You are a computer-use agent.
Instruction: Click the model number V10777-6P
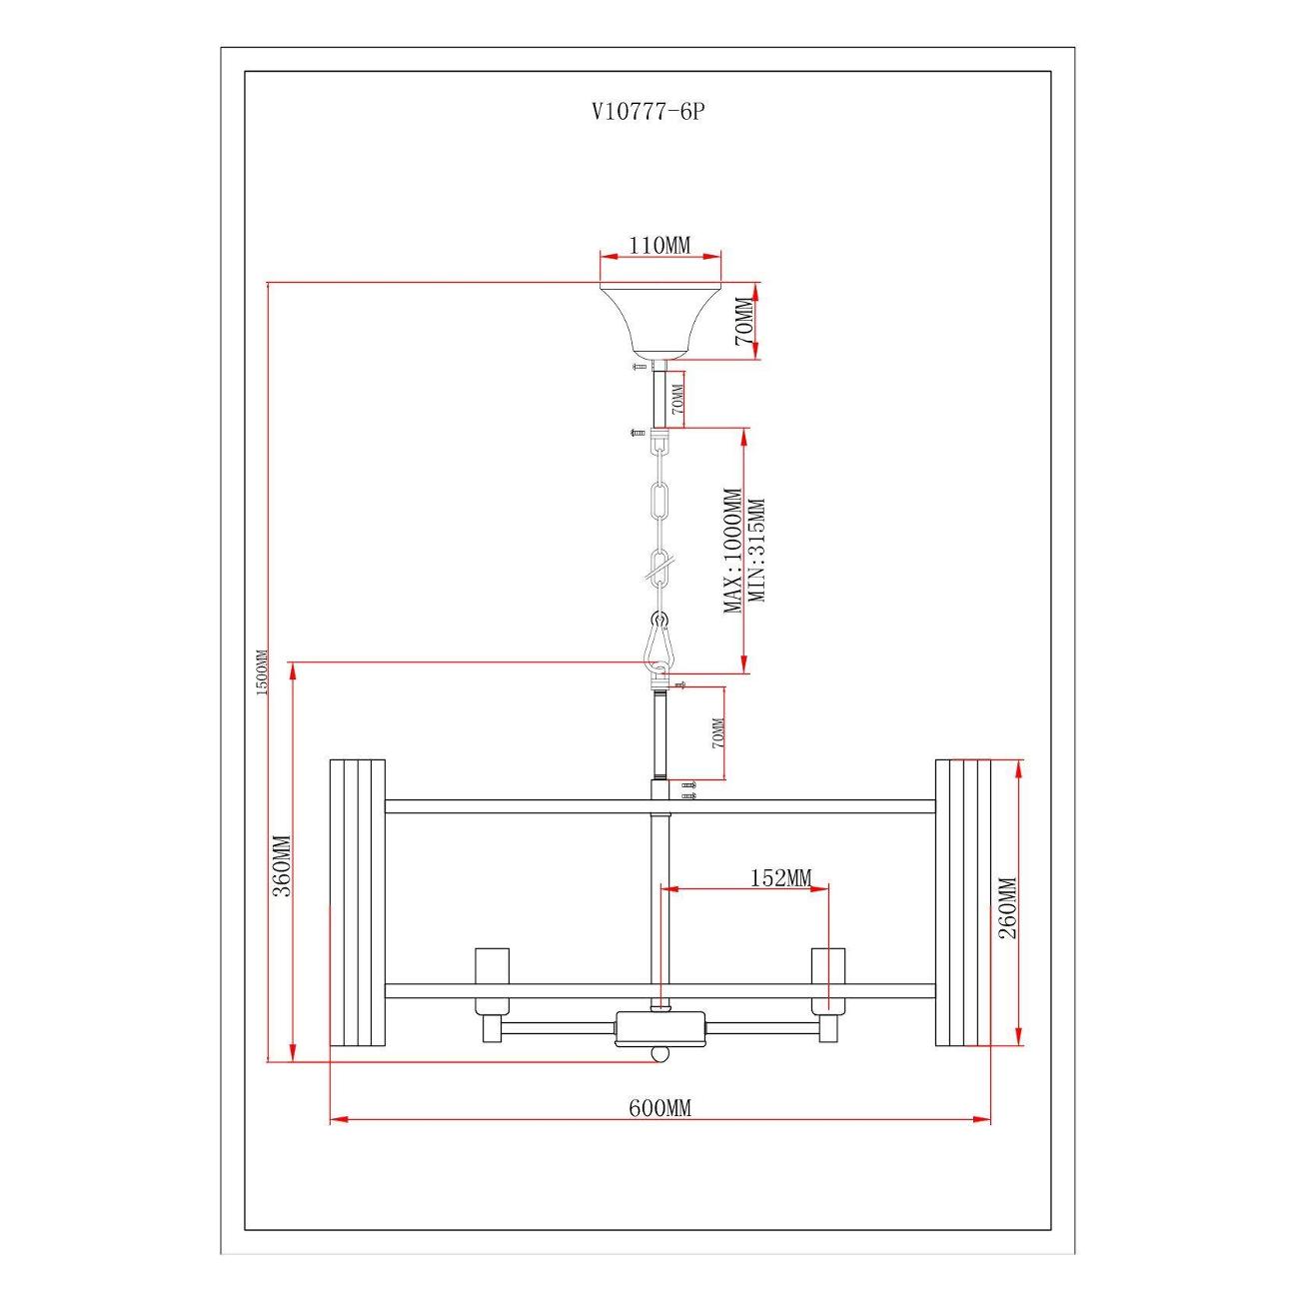point(649,112)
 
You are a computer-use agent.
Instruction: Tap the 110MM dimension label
point(659,246)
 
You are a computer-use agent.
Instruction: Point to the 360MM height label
point(281,866)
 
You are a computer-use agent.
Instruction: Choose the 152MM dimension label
point(780,877)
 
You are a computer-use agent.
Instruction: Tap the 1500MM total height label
point(262,672)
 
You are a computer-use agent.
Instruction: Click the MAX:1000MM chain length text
point(732,551)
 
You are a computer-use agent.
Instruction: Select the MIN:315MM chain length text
point(756,551)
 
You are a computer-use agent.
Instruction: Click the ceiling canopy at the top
point(659,320)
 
